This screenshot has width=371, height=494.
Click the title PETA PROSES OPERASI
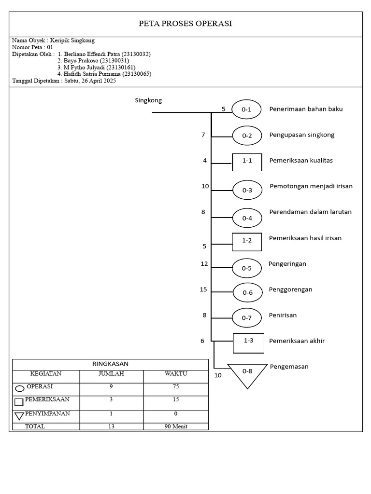click(x=185, y=24)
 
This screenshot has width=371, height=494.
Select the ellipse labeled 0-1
click(x=246, y=110)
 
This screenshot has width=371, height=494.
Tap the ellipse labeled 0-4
click(x=247, y=218)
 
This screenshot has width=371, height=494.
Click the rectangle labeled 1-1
click(x=247, y=161)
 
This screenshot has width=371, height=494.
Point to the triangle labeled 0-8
click(x=247, y=373)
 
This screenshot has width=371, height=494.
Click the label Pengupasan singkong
click(x=302, y=135)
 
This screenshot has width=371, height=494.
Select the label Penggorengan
click(x=290, y=289)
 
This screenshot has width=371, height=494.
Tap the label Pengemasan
click(x=289, y=367)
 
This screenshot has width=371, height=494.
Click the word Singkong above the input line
click(x=148, y=101)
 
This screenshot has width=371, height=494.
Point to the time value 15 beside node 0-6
click(x=203, y=289)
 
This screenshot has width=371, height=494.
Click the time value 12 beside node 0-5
click(x=204, y=264)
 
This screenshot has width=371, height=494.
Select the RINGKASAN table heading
click(x=110, y=364)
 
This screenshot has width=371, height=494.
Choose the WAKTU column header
click(x=176, y=374)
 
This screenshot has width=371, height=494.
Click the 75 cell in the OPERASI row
click(x=176, y=387)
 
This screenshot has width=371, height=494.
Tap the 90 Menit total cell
click(x=176, y=426)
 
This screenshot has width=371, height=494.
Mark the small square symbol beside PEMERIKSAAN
click(x=19, y=402)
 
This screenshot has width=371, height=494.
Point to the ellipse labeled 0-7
click(x=247, y=318)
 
